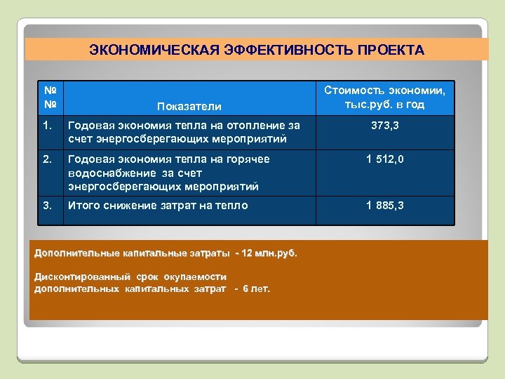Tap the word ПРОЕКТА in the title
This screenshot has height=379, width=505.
tap(390, 50)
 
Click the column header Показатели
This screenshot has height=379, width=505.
tap(189, 106)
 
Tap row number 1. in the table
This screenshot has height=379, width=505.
tap(47, 126)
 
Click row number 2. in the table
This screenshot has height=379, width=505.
tap(47, 159)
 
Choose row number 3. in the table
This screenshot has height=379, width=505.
tap(47, 206)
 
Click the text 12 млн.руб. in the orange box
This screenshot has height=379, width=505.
tap(269, 253)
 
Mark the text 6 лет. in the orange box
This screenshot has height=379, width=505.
tap(256, 288)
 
